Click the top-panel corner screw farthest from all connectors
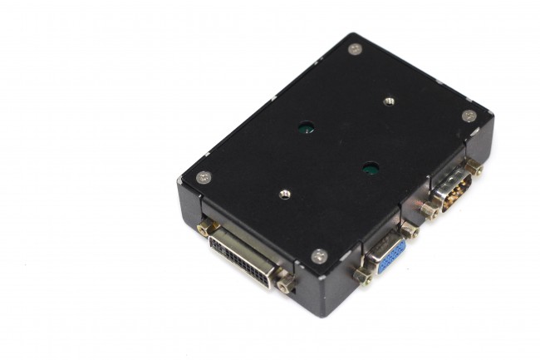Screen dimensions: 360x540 (x=355, y=49)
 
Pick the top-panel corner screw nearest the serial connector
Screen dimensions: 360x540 (x=469, y=116)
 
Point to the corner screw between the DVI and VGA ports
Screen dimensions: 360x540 (x=318, y=256)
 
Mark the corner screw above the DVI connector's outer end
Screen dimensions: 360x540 (x=203, y=177)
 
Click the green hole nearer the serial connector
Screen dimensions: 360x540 (x=371, y=169)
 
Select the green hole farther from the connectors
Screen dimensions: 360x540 (x=306, y=129)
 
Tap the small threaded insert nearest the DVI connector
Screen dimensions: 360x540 (x=285, y=194)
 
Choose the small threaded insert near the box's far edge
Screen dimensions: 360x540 (x=388, y=101)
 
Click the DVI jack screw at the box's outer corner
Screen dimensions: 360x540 (x=204, y=227)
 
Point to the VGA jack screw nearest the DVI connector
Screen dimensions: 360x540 (x=362, y=275)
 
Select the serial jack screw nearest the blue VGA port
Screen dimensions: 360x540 (x=430, y=210)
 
